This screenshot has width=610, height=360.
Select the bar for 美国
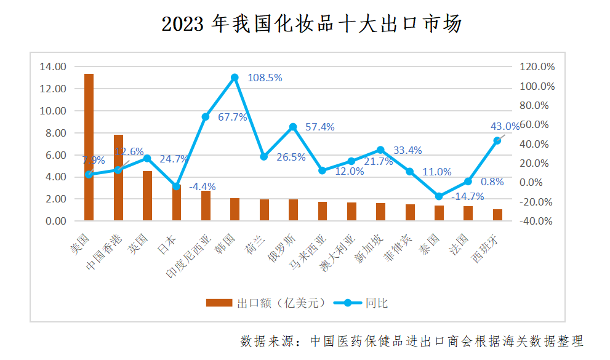pos(89,147)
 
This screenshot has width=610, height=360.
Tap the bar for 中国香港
pos(118,177)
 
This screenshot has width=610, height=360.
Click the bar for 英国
pos(148,196)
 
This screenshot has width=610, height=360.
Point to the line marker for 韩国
pos(235,78)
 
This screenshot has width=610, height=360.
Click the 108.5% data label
pos(265,78)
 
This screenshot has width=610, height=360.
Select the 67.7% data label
pos(233,117)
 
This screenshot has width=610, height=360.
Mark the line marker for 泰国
pos(439,196)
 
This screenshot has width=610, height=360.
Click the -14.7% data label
pos(467,197)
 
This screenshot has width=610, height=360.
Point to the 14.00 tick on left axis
pos(52,66)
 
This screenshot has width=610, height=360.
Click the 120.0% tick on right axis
pos(537,66)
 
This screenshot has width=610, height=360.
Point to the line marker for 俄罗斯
pos(293,127)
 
